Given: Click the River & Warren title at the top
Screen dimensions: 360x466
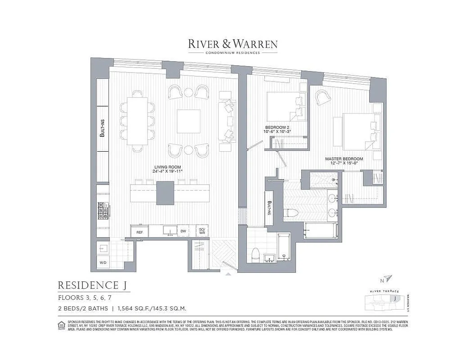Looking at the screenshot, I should tap(232, 44).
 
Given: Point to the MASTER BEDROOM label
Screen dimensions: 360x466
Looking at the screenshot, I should tap(344, 159).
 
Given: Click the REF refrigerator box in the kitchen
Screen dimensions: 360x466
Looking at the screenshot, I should tap(140, 232).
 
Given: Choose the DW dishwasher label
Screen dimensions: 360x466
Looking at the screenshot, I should tap(183, 231).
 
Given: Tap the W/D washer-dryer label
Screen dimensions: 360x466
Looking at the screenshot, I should tap(103, 262).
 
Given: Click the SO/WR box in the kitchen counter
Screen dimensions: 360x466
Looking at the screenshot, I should tap(202, 231).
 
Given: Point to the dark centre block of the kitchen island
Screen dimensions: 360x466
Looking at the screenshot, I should tap(165, 193).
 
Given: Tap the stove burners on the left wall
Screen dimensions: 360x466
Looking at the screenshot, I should tap(102, 211).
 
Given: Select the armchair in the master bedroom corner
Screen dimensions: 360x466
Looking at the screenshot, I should tap(323, 97).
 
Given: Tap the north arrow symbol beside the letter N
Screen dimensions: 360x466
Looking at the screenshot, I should tap(389, 279).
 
